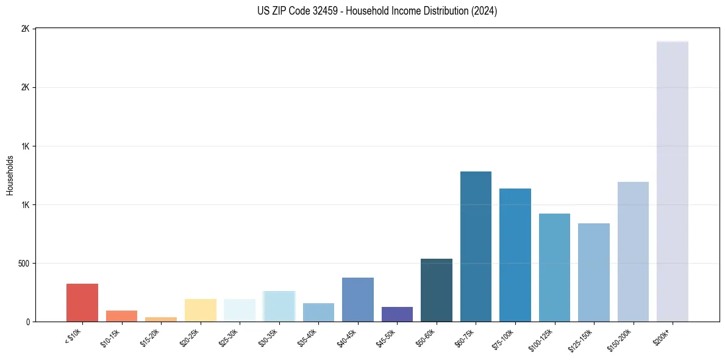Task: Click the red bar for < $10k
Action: pyautogui.click(x=82, y=303)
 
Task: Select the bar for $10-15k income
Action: pyautogui.click(x=121, y=316)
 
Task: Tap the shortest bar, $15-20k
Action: pyautogui.click(x=161, y=319)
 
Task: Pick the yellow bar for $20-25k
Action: pyautogui.click(x=201, y=310)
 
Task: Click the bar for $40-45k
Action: pyautogui.click(x=358, y=300)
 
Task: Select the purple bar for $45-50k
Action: pyautogui.click(x=397, y=314)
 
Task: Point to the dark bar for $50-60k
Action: pyautogui.click(x=437, y=290)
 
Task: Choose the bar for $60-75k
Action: pyautogui.click(x=476, y=247)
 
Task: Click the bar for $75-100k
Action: pyautogui.click(x=515, y=255)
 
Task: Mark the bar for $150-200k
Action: pyautogui.click(x=633, y=251)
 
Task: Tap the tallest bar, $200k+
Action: pyautogui.click(x=673, y=181)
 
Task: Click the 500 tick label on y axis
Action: pyautogui.click(x=24, y=264)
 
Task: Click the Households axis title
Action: pyautogui.click(x=10, y=175)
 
